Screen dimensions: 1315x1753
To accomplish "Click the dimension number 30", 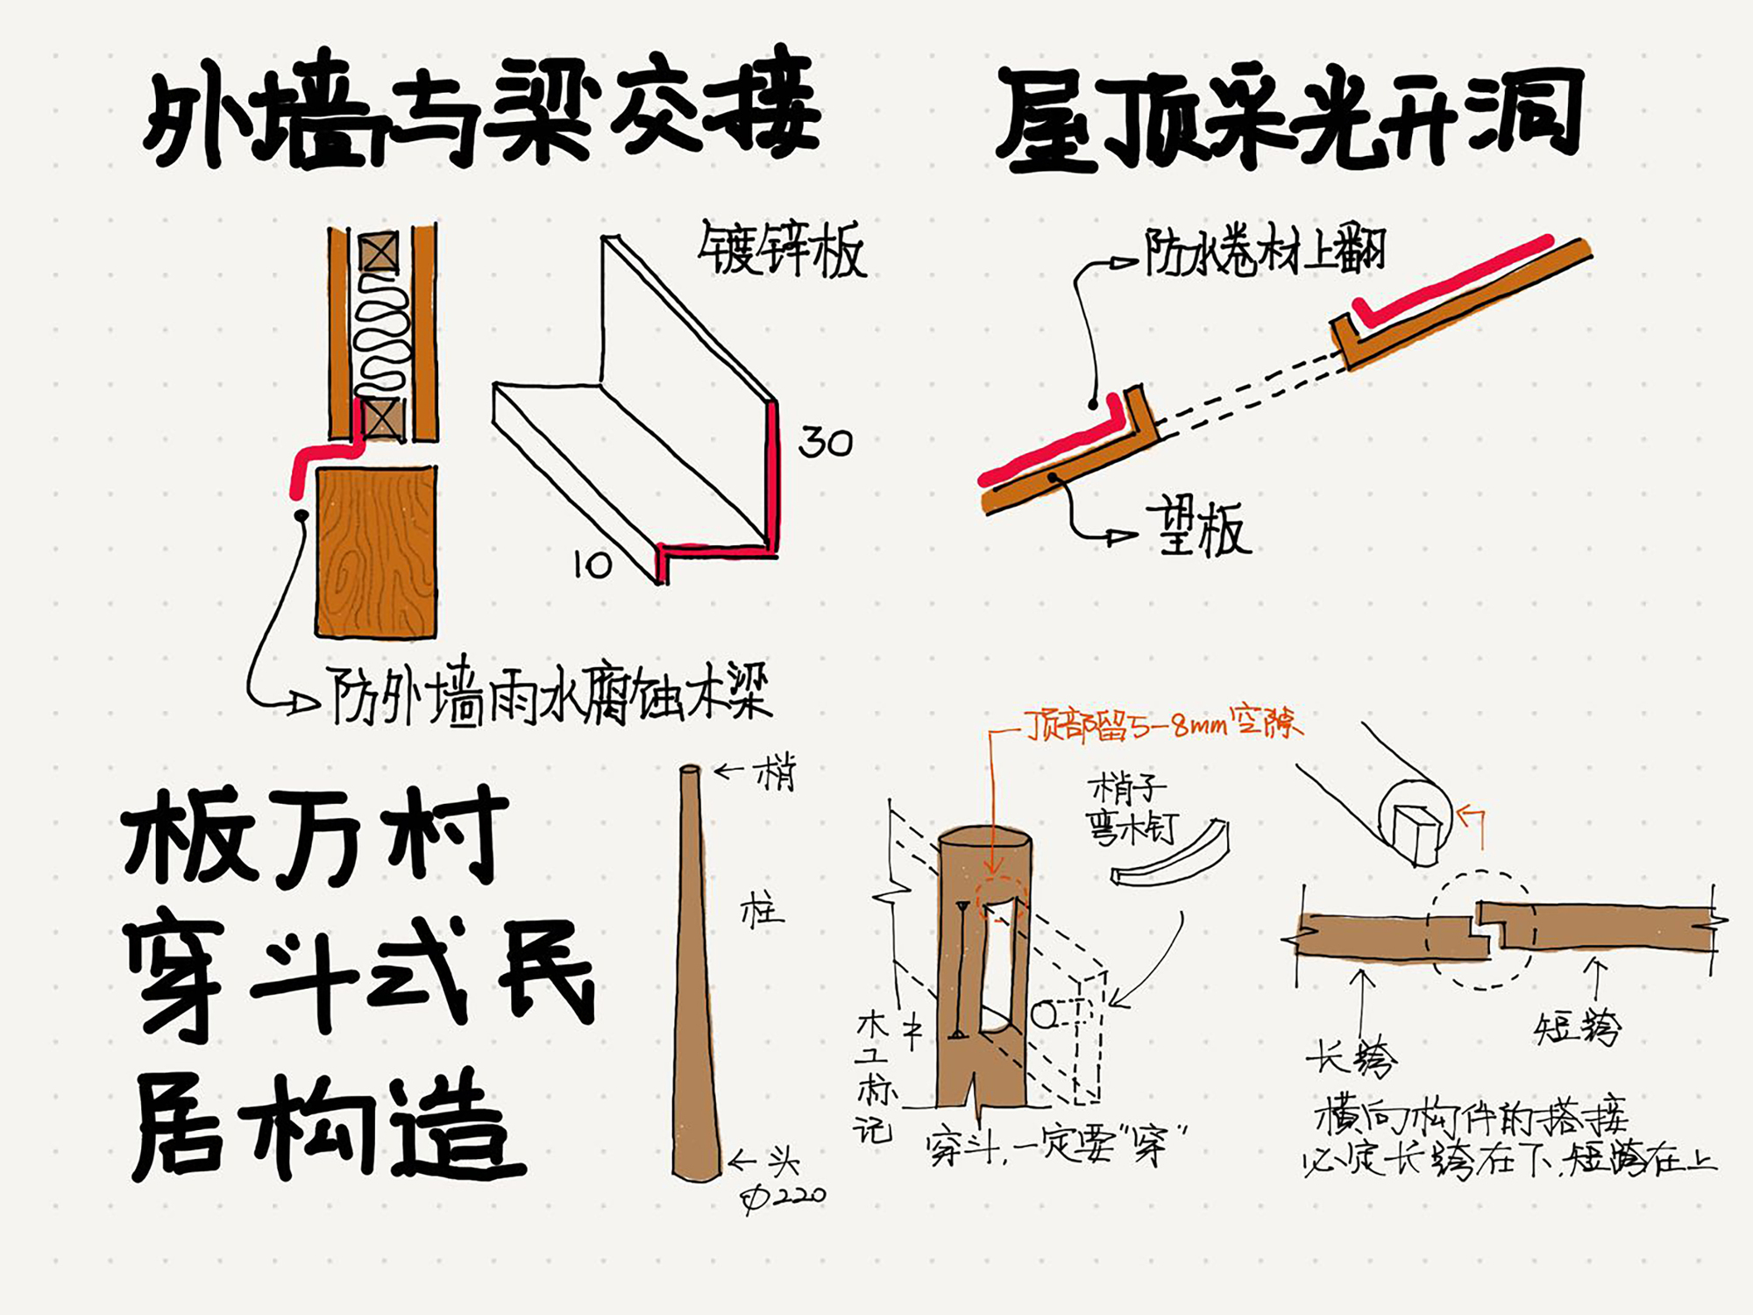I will pos(825,442).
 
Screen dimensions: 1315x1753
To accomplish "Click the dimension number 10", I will pos(593,565).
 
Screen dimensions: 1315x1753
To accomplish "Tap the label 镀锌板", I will pos(782,250).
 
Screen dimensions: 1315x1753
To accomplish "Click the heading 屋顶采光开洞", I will pos(1288,118).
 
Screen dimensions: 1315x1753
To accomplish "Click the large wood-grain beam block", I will pos(375,552).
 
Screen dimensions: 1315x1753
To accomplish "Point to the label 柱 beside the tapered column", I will pos(762,912).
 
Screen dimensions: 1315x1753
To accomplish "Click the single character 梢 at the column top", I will pos(777,773).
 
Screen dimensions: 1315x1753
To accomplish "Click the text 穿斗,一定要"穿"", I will pos(1056,1145).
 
